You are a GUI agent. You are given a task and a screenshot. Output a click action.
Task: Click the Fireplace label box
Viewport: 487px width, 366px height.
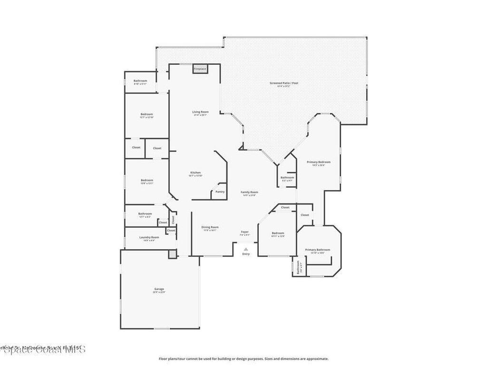(200, 69)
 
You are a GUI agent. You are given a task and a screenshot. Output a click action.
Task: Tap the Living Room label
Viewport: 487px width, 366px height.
(200, 112)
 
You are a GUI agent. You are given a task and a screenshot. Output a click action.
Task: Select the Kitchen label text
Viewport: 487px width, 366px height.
(195, 173)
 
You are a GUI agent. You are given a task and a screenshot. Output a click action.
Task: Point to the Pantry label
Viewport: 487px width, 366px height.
(220, 192)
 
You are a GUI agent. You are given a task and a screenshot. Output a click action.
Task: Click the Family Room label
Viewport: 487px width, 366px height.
(249, 192)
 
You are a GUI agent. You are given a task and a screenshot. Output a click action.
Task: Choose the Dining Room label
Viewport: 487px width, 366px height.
(210, 227)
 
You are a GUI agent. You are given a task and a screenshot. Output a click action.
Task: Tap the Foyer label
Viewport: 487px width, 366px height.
(244, 232)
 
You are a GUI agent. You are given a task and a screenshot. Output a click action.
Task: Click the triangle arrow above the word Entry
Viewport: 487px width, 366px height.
(245, 249)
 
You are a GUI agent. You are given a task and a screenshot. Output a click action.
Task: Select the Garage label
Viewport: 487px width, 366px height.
(159, 289)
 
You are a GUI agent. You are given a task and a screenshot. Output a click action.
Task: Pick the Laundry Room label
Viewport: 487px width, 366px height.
(149, 237)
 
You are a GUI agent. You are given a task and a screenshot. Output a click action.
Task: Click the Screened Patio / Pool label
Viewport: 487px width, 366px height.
(283, 83)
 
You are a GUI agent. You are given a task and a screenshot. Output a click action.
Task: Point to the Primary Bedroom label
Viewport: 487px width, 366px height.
(318, 162)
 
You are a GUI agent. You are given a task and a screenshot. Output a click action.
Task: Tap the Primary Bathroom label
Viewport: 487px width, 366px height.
(318, 250)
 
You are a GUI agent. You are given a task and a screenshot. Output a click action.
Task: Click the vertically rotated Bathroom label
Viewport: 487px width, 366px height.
(298, 267)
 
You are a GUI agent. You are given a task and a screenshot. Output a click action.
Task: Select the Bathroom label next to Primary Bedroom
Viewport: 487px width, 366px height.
(287, 178)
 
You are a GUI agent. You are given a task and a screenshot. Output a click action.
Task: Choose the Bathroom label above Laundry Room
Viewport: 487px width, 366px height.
(145, 213)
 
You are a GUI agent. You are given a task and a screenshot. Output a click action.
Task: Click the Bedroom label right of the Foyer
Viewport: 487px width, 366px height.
(278, 233)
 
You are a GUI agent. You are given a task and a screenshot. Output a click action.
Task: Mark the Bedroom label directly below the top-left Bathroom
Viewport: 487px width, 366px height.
(146, 114)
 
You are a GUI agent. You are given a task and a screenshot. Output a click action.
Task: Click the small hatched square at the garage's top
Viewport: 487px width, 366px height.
(172, 254)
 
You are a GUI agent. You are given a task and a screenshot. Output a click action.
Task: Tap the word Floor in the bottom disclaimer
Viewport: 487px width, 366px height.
(163, 359)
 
